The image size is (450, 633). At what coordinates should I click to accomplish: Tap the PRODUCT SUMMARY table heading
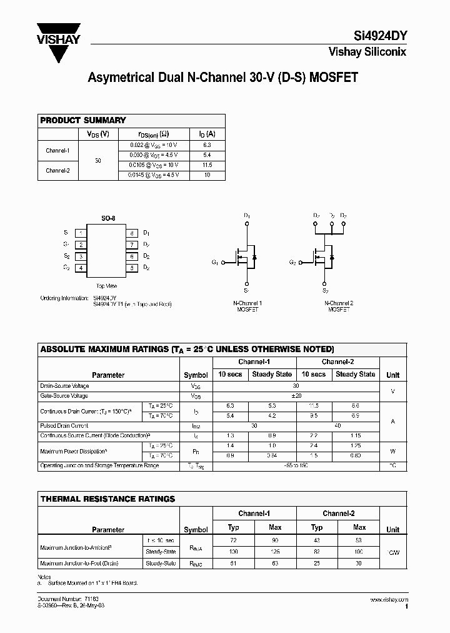[x=83, y=120]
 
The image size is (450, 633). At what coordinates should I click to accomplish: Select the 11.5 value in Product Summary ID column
[x=207, y=165]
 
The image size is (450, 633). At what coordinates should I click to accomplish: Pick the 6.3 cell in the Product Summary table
[x=207, y=144]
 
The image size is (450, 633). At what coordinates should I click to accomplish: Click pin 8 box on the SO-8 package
[x=132, y=233]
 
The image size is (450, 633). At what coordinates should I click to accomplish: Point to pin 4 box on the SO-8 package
[x=81, y=268]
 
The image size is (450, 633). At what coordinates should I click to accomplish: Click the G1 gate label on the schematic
[x=215, y=262]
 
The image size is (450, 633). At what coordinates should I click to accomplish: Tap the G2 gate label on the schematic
[x=292, y=262]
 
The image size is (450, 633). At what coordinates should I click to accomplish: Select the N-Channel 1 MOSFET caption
[x=247, y=306]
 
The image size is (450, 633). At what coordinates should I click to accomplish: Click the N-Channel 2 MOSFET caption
[x=339, y=306]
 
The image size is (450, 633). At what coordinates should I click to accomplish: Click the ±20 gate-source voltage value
[x=296, y=395]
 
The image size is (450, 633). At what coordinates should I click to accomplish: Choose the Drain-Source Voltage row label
[x=65, y=386]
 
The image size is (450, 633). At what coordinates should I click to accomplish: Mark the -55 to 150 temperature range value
[x=296, y=466]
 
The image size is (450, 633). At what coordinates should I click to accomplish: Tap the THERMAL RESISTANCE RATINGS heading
[x=107, y=499]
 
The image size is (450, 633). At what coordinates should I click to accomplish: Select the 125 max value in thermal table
[x=275, y=552]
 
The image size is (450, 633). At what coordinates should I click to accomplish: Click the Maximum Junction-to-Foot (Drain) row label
[x=79, y=563]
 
